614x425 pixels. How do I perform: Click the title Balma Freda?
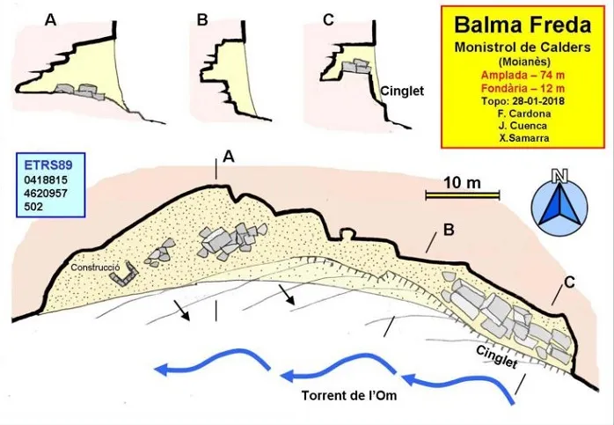[523, 25]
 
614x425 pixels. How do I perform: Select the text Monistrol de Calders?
[523, 48]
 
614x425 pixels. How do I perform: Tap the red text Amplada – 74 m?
[523, 75]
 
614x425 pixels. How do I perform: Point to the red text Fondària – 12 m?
[523, 88]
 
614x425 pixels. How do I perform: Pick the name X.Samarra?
[524, 138]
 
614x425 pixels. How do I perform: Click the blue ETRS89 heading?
[48, 165]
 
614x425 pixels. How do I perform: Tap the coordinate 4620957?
[46, 193]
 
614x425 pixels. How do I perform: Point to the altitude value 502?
[33, 207]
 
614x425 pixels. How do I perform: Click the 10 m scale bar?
[463, 195]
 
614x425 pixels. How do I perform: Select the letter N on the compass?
[560, 177]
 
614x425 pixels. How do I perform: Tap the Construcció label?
[95, 267]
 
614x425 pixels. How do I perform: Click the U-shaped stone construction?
[125, 275]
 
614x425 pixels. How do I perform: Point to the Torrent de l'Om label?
[349, 395]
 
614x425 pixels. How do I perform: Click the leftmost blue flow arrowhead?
[162, 369]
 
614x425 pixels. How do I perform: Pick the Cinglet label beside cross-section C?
[402, 92]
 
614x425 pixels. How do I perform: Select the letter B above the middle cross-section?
[202, 19]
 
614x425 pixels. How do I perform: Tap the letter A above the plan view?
[229, 158]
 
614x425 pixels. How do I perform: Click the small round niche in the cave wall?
[347, 234]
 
